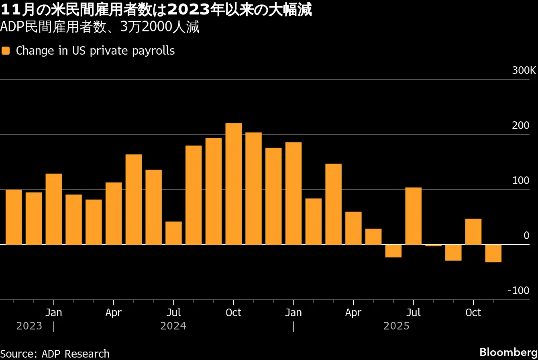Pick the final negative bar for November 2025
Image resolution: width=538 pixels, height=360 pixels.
point(493,254)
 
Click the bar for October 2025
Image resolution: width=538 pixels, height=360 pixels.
point(473,232)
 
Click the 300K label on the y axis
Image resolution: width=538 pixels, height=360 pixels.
point(524,71)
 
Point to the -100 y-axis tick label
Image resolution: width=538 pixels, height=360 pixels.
point(518,290)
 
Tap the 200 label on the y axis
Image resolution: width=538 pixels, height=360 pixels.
point(521,125)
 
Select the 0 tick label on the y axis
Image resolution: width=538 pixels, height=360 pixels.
point(526,235)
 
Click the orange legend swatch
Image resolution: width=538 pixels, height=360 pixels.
point(6,51)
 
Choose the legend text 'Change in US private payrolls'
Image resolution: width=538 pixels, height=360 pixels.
point(95,51)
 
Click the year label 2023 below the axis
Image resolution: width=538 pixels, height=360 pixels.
point(29,326)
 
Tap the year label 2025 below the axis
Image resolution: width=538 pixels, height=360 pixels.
point(396,326)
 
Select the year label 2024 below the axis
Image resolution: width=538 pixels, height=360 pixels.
point(173,326)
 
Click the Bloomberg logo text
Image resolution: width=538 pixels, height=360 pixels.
point(508,352)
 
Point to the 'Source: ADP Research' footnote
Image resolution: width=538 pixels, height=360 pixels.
point(55,354)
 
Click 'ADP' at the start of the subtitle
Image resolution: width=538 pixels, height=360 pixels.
point(10,27)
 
